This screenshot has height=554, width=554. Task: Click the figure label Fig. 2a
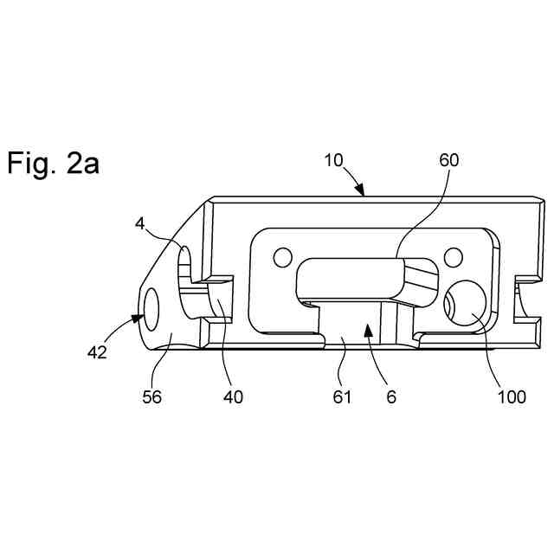[54, 163]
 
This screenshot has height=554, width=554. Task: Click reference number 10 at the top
[334, 161]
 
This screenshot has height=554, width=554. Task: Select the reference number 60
[449, 161]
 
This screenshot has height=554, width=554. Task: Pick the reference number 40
[232, 396]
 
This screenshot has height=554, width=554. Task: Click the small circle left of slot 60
[282, 257]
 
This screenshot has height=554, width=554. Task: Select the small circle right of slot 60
[452, 256]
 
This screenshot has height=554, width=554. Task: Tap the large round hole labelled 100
[465, 308]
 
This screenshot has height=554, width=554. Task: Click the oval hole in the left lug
[153, 308]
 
